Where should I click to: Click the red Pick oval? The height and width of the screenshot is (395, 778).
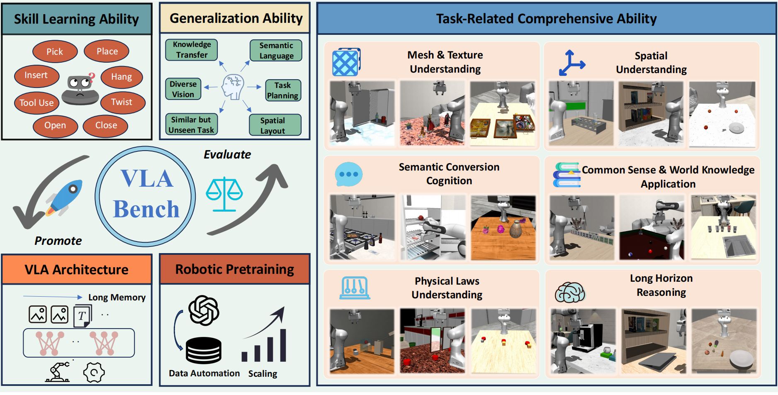point(55,51)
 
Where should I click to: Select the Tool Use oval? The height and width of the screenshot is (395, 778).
point(36,102)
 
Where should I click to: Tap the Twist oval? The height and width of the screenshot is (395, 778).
point(122,102)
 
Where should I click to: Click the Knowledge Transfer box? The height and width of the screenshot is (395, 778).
point(192,50)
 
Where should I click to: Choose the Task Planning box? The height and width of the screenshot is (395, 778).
point(283,90)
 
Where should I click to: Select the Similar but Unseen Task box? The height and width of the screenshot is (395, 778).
point(191,124)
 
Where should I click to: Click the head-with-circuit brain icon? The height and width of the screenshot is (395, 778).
point(233,87)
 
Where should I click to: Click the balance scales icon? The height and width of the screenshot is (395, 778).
point(224,194)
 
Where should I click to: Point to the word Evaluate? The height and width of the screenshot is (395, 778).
point(227,155)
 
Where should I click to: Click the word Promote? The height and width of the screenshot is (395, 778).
point(58,241)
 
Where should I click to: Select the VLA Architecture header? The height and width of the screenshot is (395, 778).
point(77,269)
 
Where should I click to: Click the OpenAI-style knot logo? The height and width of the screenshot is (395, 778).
point(204,310)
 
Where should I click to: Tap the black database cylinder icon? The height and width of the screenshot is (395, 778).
point(204,351)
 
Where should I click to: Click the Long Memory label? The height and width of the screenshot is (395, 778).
point(117,297)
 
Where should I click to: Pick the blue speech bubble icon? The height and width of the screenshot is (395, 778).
point(349,174)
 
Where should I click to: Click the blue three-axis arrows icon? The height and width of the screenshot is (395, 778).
point(571,63)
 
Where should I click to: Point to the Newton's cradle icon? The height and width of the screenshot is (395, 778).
point(355,288)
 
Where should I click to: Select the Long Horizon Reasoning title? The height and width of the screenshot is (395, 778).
point(661,285)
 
